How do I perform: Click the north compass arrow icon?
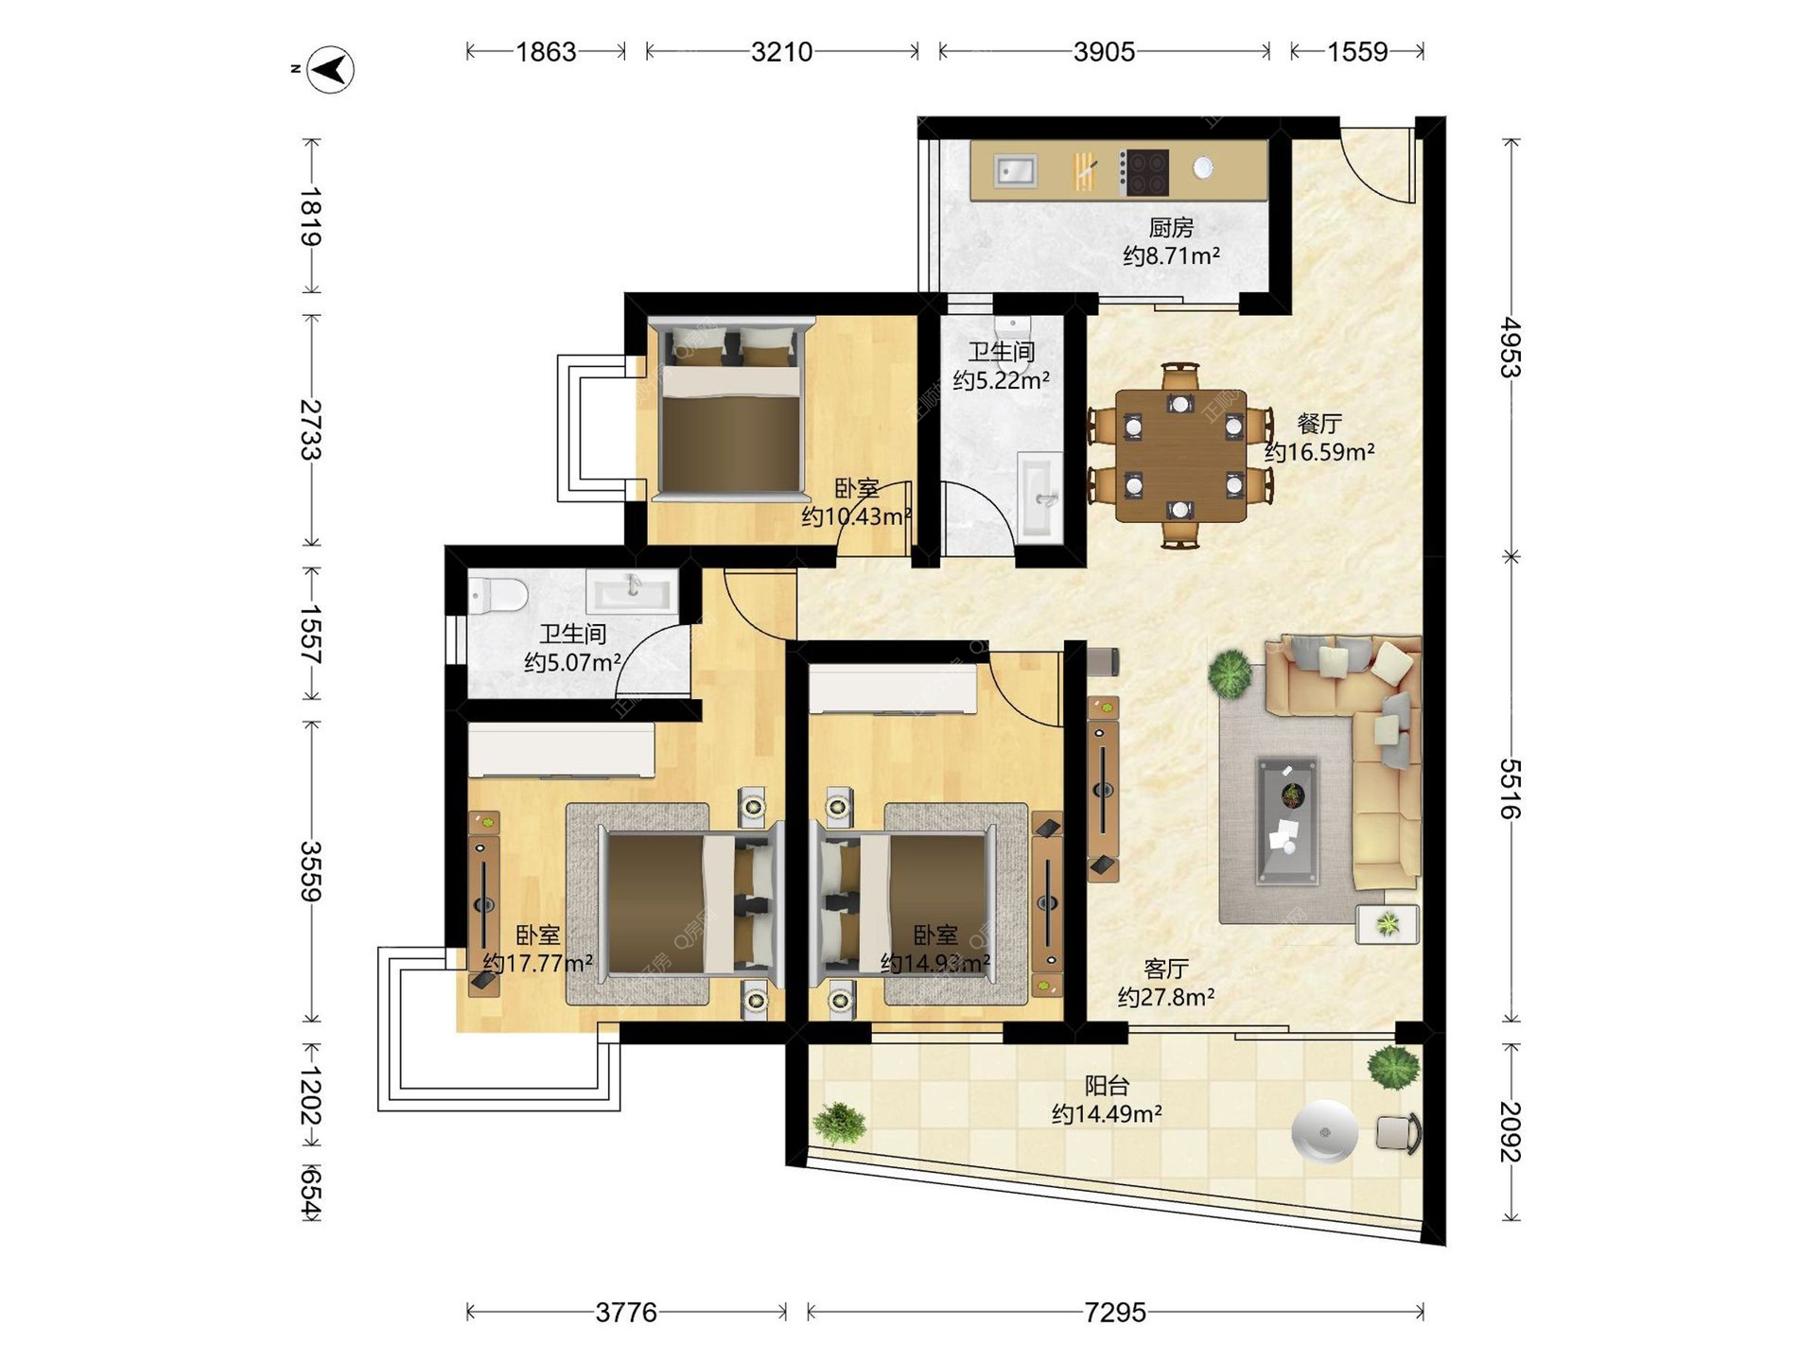tap(331, 69)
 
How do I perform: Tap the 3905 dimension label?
tap(1104, 51)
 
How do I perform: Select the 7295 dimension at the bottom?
tap(1115, 1312)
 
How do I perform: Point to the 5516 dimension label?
tap(1510, 789)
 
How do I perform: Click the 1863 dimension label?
tap(546, 51)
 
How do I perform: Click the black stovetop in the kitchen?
tap(1144, 172)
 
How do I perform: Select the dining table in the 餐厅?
tap(1180, 456)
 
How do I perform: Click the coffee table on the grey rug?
tap(1287, 820)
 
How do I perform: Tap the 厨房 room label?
tap(1171, 227)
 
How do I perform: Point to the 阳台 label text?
tap(1107, 1085)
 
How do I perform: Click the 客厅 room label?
tap(1165, 969)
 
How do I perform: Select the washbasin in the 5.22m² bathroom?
tap(1040, 496)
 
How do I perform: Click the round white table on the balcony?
tap(1325, 1131)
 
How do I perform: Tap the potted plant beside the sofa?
tap(1230, 673)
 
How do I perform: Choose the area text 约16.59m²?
tap(1319, 452)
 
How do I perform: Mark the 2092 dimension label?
tap(1510, 1131)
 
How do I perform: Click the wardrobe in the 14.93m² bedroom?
tap(892, 689)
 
